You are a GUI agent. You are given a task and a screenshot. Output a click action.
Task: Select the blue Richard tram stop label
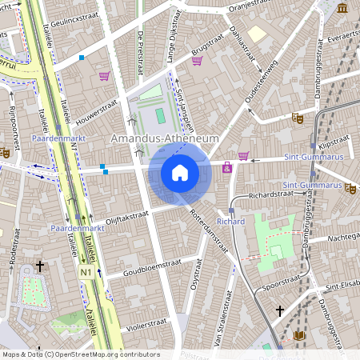click(x=230, y=221)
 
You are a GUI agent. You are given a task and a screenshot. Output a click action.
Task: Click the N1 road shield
click(x=86, y=273)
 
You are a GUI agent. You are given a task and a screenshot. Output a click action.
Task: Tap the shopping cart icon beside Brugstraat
click(x=197, y=61)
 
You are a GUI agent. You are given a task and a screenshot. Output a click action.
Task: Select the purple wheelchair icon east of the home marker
click(x=227, y=167)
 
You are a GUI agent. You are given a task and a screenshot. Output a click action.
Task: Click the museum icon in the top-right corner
click(x=342, y=8)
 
